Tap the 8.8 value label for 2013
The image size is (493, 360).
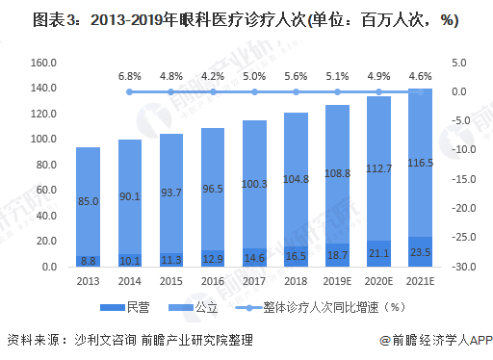tap(88, 260)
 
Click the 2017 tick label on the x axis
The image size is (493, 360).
tap(254, 280)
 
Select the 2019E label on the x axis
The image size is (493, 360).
tap(337, 280)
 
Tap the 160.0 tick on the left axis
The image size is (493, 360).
tap(45, 63)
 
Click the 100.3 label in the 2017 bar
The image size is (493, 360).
tap(254, 184)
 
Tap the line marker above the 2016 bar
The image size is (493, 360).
tap(213, 92)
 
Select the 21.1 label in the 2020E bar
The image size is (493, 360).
tap(378, 254)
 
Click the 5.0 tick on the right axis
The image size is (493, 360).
tap(458, 63)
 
